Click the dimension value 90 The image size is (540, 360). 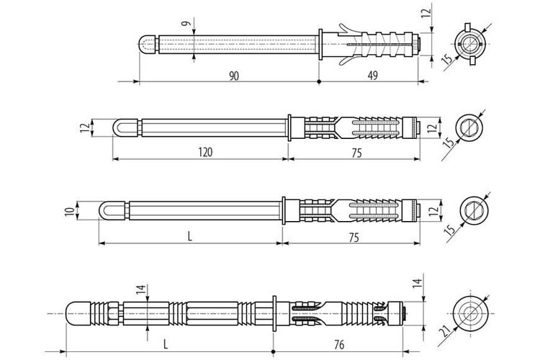tap(234, 76)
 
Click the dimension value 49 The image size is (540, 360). tap(372, 76)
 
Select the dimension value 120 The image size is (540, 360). tap(205, 152)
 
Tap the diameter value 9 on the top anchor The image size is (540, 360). tap(186, 24)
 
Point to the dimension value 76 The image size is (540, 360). tap(339, 344)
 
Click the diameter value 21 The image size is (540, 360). tap(446, 333)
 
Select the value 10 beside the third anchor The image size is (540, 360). tap(70, 211)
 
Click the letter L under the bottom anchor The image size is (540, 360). tap(166, 344)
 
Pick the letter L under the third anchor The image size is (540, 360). tap(190, 236)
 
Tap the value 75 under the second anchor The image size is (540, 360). tap(357, 153)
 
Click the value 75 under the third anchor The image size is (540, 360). tap(354, 238)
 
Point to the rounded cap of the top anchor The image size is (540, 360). tap(147, 45)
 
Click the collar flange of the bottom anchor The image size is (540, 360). tap(274, 313)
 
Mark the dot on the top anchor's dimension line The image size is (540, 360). tap(319, 81)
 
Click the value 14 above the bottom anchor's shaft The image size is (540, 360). tap(140, 289)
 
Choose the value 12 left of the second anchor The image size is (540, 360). tap(84, 128)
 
